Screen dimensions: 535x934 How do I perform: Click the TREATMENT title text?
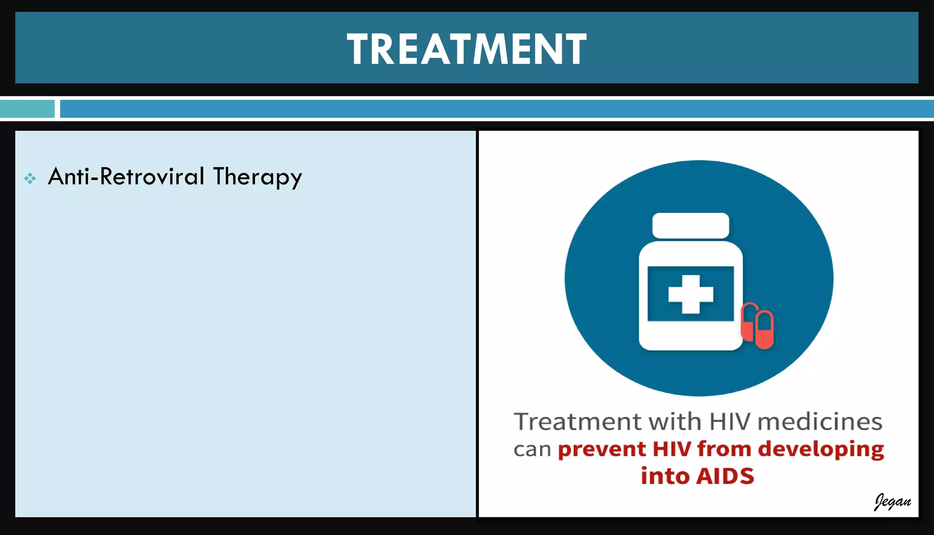(467, 49)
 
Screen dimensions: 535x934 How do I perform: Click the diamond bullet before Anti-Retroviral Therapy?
(30, 178)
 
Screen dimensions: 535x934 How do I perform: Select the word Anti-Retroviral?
(126, 177)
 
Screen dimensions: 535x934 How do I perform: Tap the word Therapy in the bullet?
(257, 177)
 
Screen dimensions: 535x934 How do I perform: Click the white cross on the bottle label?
(690, 294)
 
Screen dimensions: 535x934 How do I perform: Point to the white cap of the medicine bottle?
(690, 225)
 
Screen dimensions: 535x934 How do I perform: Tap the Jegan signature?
(892, 501)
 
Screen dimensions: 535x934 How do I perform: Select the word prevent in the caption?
(602, 450)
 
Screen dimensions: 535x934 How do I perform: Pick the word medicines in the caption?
(820, 421)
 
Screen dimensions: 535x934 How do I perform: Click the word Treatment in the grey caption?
(577, 421)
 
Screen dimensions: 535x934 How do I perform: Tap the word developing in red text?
(821, 450)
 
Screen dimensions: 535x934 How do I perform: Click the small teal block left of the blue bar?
(27, 109)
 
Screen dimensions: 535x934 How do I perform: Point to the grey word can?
(532, 450)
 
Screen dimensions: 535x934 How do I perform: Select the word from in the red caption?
(724, 449)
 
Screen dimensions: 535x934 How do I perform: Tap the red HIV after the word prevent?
(672, 449)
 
